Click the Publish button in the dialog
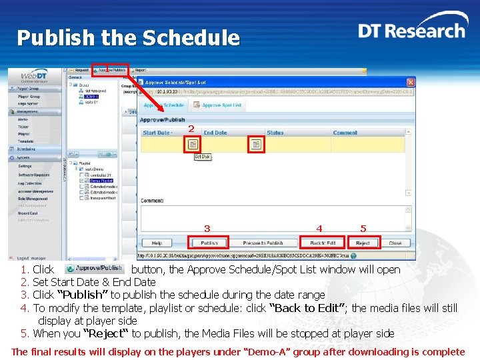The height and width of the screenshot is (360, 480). coord(209,243)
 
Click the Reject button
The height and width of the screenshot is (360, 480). coord(363,243)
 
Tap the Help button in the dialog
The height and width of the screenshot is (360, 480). coord(157,243)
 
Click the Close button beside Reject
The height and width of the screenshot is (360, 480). coord(395,243)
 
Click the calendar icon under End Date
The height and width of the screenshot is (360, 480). coord(255,144)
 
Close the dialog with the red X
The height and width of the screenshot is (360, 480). coord(411,81)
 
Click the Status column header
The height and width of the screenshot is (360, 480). coord(275,133)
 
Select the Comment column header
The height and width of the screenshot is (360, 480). coord(345,133)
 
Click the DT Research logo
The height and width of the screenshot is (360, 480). coord(411,31)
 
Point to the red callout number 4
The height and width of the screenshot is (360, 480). coord(319,229)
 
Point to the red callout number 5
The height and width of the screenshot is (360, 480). coord(363,229)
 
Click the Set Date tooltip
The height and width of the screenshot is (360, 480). coord(202,157)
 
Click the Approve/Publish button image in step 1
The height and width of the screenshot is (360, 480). coord(94,268)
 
